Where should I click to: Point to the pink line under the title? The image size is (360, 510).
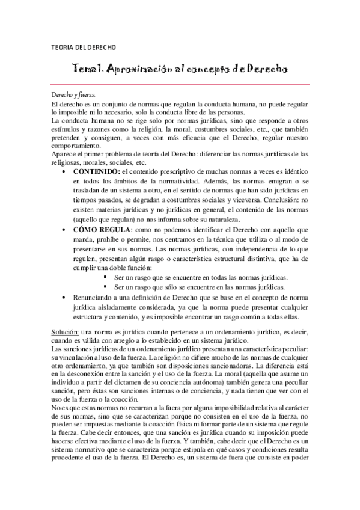180,83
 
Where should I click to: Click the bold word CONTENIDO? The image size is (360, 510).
96,173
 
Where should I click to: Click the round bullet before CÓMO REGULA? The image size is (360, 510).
65,230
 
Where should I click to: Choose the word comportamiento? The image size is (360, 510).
75,146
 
